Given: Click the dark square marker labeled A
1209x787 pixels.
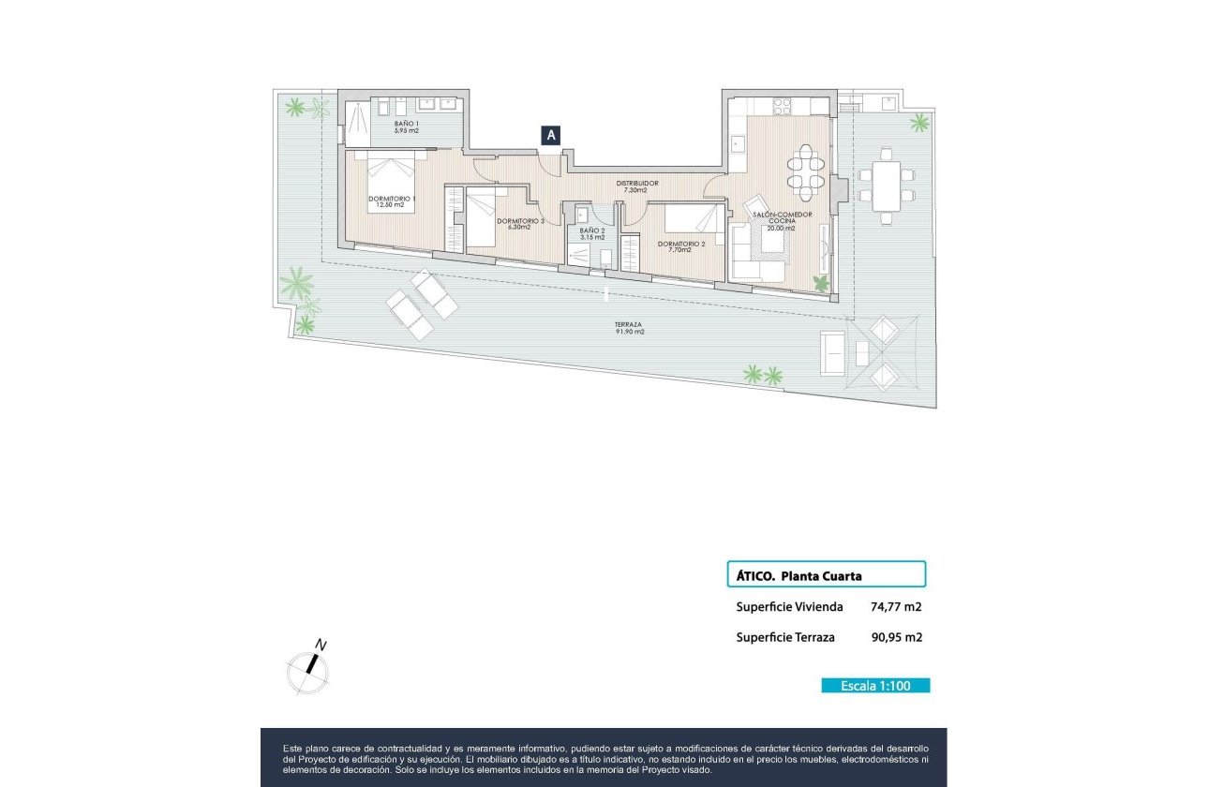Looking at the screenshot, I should (551, 135).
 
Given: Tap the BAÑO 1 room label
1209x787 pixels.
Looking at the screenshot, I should (406, 127).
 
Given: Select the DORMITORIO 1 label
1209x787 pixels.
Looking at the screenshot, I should (392, 201).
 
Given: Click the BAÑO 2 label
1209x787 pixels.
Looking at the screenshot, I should (591, 233).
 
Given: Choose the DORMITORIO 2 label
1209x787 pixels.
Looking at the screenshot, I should (681, 246).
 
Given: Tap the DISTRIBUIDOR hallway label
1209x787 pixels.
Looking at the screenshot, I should (636, 186).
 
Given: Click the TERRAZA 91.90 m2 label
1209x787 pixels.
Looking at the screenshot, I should (630, 328).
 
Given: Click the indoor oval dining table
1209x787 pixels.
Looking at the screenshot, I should (805, 174).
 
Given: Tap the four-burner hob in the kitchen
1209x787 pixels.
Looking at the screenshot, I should (781, 108).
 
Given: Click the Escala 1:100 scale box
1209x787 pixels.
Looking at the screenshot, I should (875, 685).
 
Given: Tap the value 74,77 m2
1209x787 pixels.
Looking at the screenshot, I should (896, 607).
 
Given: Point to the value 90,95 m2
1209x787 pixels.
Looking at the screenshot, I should (896, 638).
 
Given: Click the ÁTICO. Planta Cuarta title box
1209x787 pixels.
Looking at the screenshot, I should (826, 574).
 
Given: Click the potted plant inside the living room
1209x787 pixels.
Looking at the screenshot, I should (821, 283).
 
